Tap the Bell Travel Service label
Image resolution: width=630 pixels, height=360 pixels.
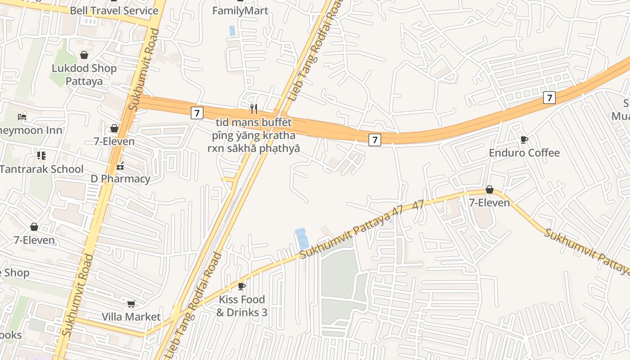pos(114,10)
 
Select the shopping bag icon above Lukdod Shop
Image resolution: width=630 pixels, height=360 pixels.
pos(84,55)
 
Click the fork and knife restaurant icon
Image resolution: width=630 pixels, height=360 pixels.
pos(254,108)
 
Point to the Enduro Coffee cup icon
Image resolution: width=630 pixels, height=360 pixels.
pos(524,139)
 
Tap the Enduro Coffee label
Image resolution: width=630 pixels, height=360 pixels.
pos(524,153)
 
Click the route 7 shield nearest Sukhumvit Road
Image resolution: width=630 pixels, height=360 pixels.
pos(197,112)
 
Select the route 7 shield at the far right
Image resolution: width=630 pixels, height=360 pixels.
pos(549,97)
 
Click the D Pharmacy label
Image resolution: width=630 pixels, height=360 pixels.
pos(120,179)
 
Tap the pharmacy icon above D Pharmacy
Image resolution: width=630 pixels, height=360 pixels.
pos(120,166)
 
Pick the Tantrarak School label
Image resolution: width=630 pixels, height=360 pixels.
pos(42,169)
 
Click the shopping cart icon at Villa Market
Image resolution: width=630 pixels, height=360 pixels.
pos(131,304)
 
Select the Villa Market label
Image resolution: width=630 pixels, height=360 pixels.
pos(131,317)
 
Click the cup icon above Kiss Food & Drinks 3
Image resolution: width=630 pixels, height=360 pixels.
pos(242,286)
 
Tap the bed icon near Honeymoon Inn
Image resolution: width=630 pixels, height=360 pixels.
pos(22,117)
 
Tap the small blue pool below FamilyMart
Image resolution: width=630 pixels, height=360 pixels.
pos(232,31)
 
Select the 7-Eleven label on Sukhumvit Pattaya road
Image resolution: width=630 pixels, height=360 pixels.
pos(489,203)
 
